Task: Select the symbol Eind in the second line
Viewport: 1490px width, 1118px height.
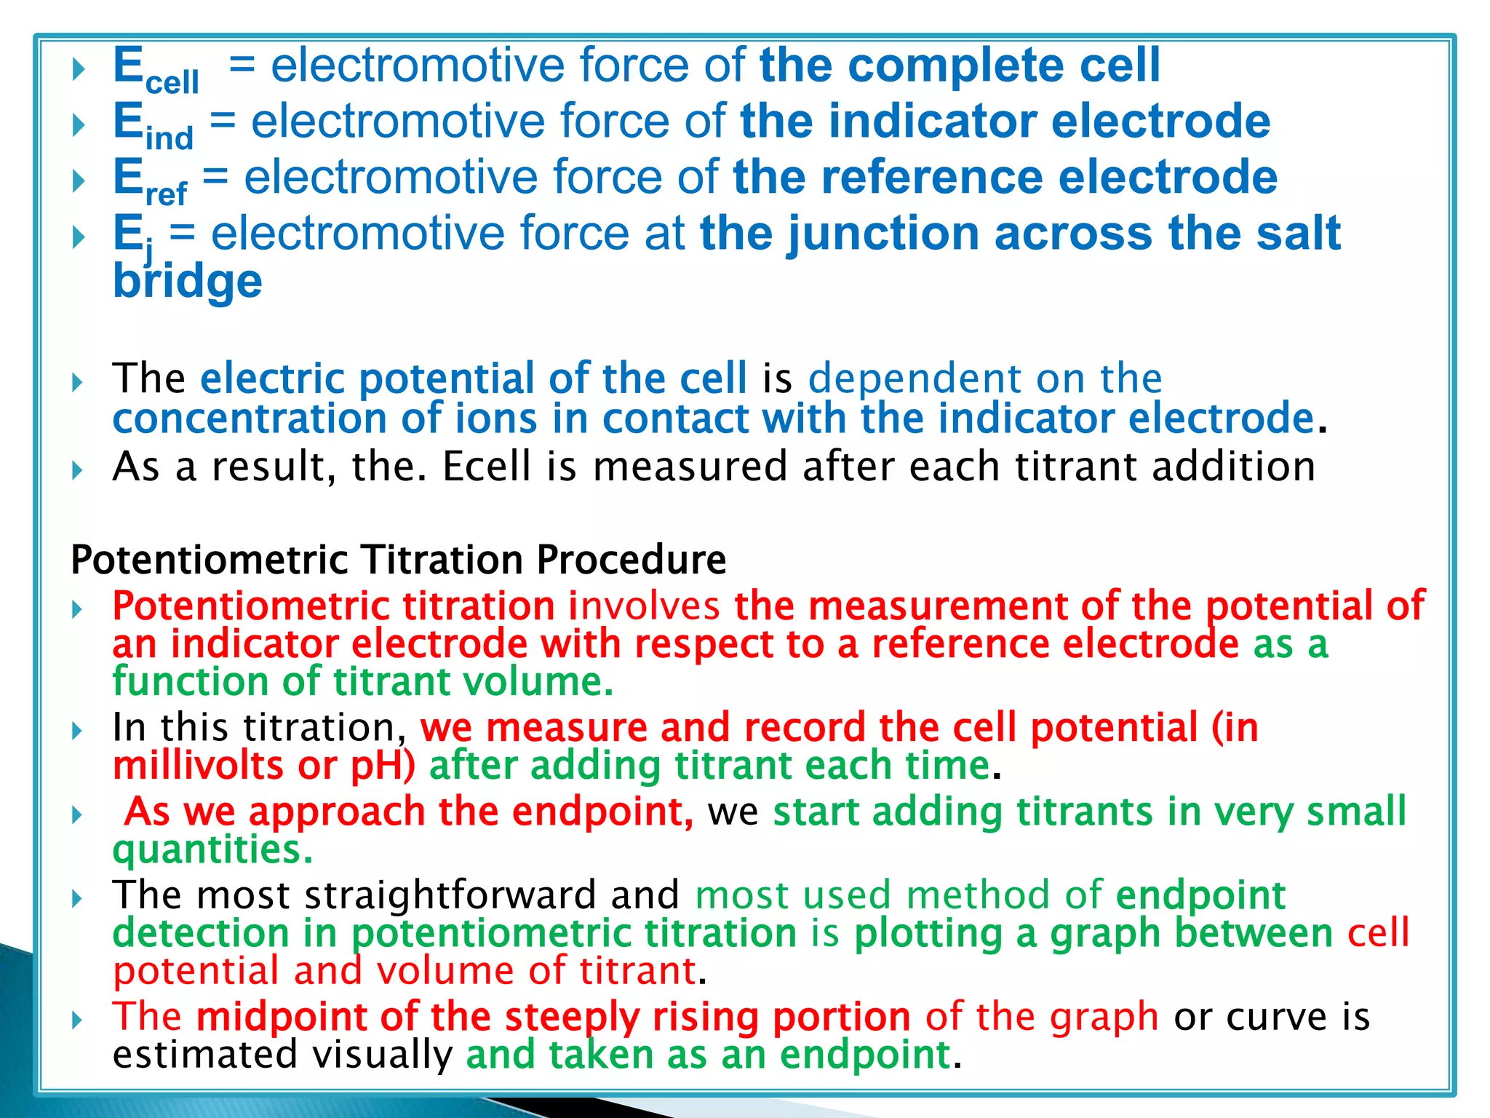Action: point(153,124)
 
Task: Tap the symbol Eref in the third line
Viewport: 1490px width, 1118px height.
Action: point(150,181)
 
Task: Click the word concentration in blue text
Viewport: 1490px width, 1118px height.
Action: point(248,419)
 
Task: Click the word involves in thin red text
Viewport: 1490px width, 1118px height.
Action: point(644,606)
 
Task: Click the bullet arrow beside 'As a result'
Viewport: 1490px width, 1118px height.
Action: point(78,470)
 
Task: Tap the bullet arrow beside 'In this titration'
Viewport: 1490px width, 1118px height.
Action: point(78,731)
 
